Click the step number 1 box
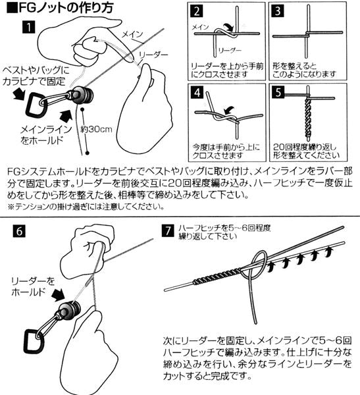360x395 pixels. (28, 28)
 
